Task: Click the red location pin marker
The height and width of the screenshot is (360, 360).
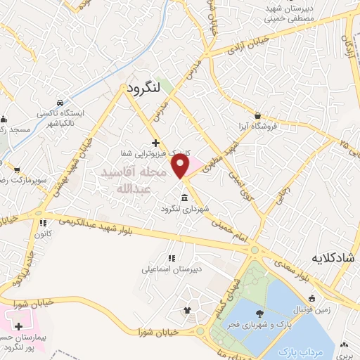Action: [x=181, y=166]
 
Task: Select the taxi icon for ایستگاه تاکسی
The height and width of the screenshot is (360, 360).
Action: [x=61, y=102]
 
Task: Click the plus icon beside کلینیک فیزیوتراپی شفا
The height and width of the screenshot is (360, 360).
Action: [x=165, y=143]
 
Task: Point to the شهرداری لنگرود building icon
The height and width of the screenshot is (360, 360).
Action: [x=184, y=197]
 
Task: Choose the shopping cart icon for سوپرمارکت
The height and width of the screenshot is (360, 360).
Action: [x=16, y=169]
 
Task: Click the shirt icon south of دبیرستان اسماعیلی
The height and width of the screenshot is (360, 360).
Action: [x=187, y=310]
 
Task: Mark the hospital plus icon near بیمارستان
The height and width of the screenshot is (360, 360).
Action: [x=18, y=327]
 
